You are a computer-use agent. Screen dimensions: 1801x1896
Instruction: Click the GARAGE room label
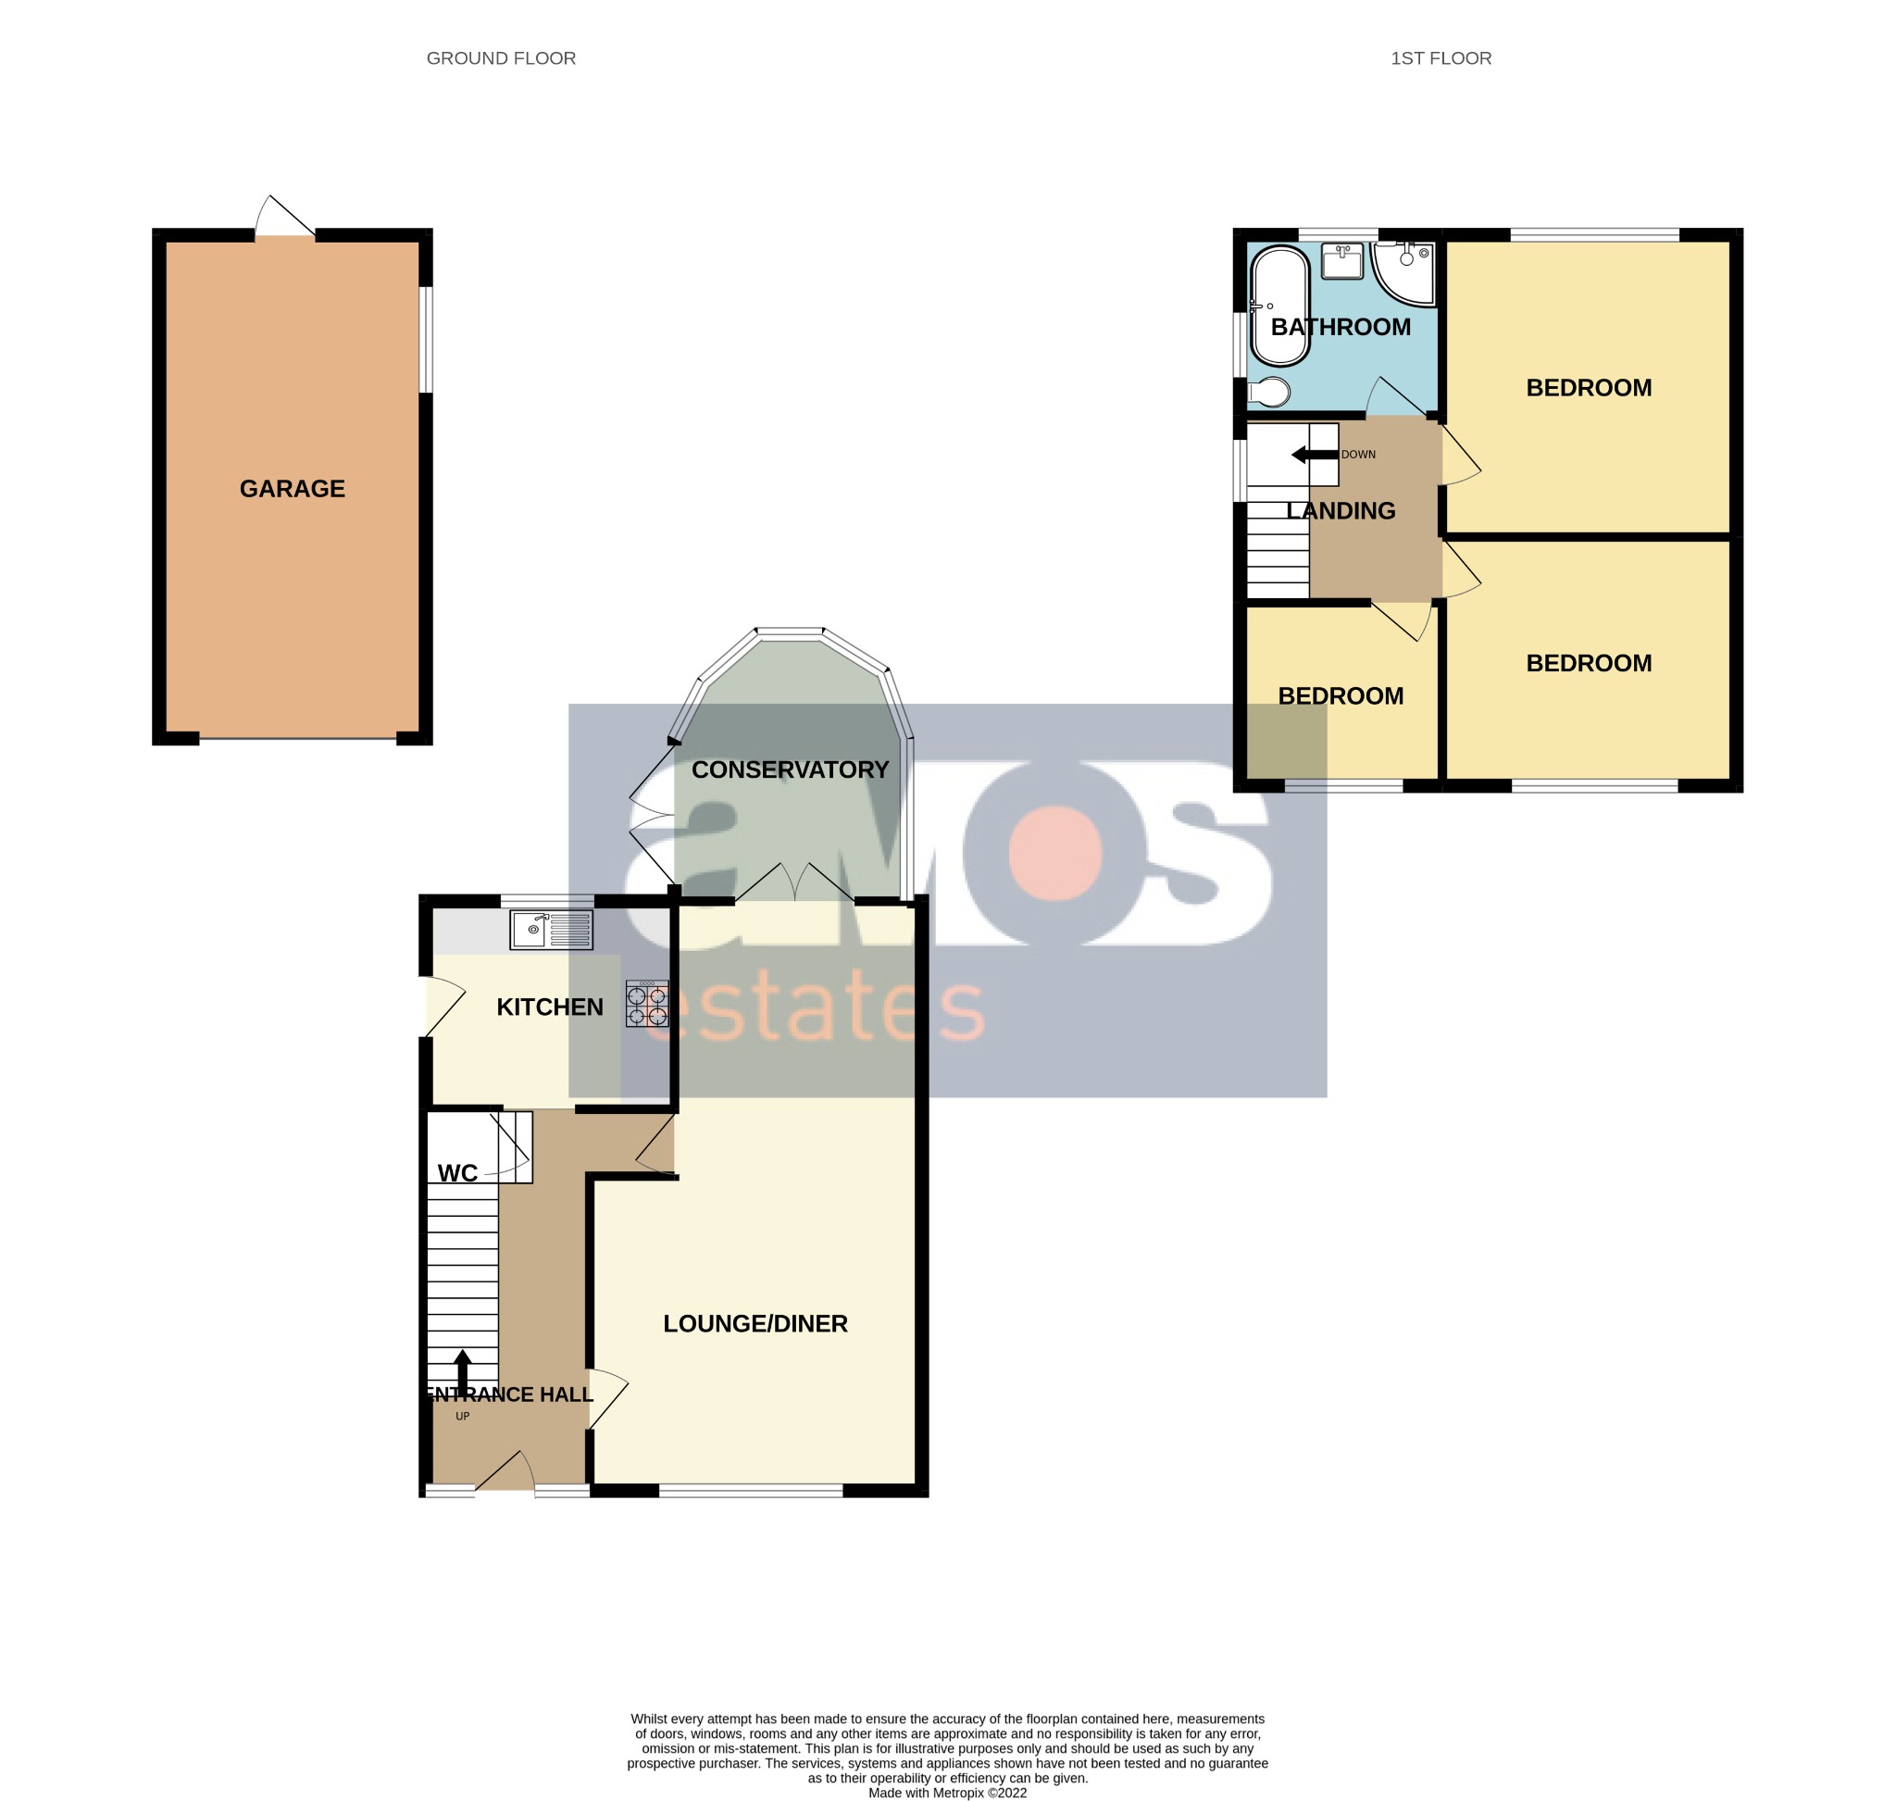[292, 489]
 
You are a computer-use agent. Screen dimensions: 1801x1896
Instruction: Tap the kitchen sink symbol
[551, 930]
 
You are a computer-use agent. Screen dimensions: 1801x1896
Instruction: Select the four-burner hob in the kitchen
[646, 1003]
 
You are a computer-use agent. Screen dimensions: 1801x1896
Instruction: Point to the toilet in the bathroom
[1268, 392]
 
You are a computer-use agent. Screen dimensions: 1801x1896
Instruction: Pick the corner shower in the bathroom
[1404, 270]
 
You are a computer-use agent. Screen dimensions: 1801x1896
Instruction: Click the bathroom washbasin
[1342, 260]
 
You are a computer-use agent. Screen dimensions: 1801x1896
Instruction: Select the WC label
[457, 1173]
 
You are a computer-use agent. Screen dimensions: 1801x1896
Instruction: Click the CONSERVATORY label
[789, 769]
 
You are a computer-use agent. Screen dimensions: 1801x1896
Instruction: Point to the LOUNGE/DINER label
[755, 1324]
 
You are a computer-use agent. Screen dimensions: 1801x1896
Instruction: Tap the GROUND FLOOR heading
[500, 58]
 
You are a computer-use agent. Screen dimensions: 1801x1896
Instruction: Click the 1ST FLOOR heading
[1440, 58]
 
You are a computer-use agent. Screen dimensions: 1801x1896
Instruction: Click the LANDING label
[1341, 511]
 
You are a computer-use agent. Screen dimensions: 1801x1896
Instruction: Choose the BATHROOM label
[1341, 328]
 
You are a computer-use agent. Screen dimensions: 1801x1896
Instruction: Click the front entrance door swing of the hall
[505, 1470]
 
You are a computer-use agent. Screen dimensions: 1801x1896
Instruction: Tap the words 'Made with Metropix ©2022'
[946, 1793]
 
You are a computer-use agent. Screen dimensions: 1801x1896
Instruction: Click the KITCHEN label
[549, 1007]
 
